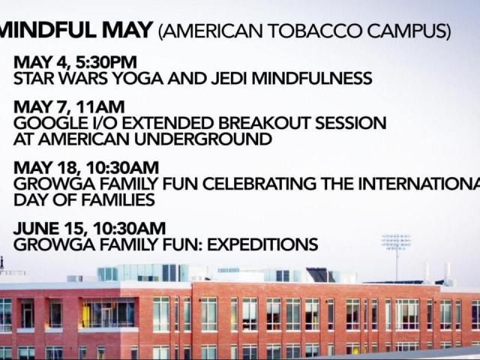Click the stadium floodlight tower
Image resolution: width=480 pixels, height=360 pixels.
click(396, 244)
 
